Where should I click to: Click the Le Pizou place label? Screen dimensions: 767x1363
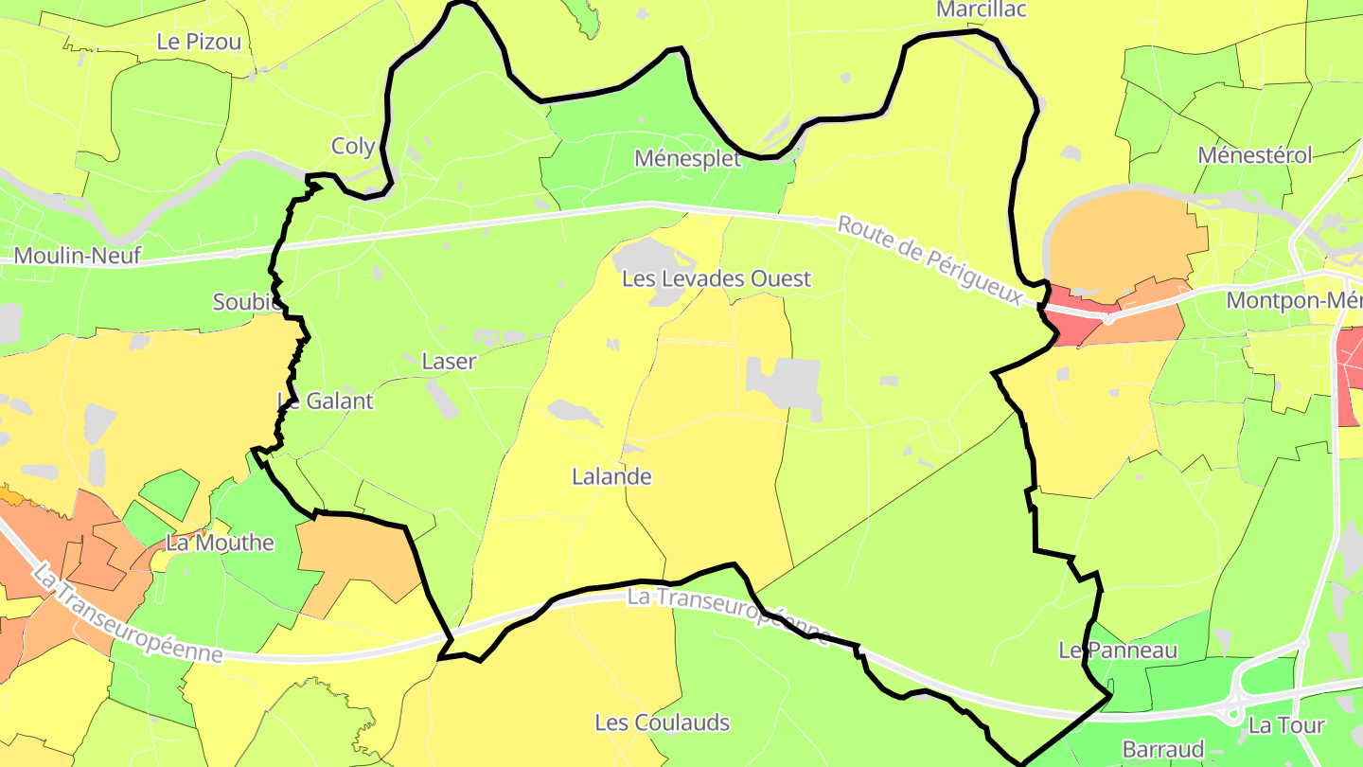tap(199, 42)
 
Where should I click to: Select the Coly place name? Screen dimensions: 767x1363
tap(353, 146)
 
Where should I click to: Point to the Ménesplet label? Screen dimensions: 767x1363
tap(687, 158)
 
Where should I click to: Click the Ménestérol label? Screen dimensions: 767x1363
tap(1254, 155)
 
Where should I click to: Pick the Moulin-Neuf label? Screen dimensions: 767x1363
tap(78, 256)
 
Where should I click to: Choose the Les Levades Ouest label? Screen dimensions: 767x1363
tap(717, 278)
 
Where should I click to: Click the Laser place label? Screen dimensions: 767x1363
tap(449, 361)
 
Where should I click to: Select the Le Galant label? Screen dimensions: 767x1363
tap(325, 401)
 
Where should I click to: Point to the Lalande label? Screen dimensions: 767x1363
tap(611, 476)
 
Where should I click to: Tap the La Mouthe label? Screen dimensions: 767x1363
tap(220, 543)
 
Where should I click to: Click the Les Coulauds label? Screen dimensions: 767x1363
tap(662, 722)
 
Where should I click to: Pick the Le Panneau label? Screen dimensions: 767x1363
tap(1118, 650)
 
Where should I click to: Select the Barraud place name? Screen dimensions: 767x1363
tap(1162, 749)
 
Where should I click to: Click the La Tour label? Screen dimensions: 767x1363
tap(1286, 725)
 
